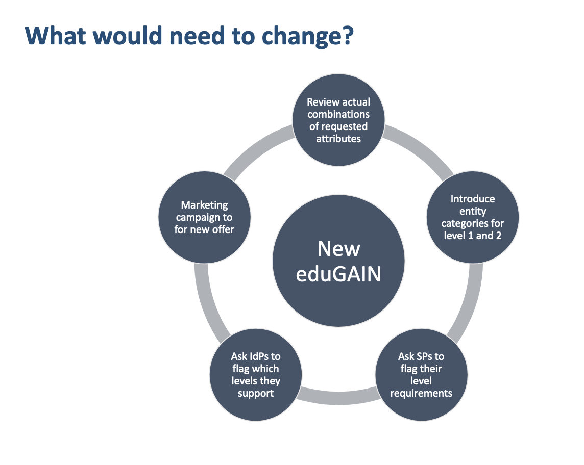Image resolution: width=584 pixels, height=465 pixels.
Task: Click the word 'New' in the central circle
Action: point(338,248)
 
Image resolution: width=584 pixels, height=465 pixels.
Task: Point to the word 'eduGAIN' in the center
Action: point(338,274)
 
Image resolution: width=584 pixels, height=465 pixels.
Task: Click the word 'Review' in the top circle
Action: point(323,102)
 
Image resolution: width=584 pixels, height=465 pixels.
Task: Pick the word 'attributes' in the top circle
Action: point(338,139)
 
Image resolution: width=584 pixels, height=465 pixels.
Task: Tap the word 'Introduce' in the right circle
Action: point(473,199)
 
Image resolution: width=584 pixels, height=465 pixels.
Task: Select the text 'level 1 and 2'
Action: point(473,236)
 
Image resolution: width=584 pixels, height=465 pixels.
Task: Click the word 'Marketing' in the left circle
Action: point(205,205)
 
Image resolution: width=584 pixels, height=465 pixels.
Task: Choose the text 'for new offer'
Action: point(204,229)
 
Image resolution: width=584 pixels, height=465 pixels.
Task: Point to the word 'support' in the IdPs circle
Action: point(255,394)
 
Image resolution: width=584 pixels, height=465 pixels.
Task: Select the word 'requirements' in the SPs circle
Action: point(421,394)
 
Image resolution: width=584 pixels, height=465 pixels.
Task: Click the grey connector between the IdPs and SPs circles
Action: point(338,397)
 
